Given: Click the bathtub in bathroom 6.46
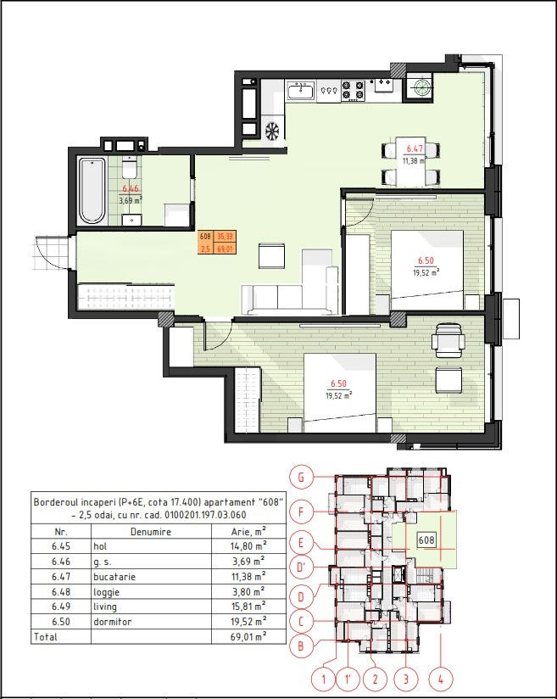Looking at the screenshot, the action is click(x=92, y=190).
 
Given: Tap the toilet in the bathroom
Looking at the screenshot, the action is click(x=130, y=169).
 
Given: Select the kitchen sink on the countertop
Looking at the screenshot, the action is click(x=301, y=91).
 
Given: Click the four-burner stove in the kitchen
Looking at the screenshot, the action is click(x=354, y=91).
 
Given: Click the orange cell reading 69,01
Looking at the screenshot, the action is click(x=226, y=249).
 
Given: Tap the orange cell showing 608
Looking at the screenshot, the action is click(x=205, y=237).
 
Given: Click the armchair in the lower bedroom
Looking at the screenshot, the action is click(x=448, y=340).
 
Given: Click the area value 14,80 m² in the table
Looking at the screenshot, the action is click(x=248, y=545).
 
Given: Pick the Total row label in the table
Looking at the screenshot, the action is click(x=46, y=637).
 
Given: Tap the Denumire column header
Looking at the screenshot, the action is click(x=151, y=531).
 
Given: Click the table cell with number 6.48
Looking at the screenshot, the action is click(x=61, y=591).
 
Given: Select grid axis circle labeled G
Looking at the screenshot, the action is click(x=301, y=478).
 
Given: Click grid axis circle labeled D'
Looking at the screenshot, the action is click(x=301, y=568).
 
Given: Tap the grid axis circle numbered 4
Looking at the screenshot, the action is click(x=441, y=680).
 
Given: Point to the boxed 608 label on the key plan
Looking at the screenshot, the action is click(x=426, y=540).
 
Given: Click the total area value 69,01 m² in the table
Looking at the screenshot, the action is click(x=248, y=636).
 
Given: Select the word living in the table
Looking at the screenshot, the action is click(x=105, y=607).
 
